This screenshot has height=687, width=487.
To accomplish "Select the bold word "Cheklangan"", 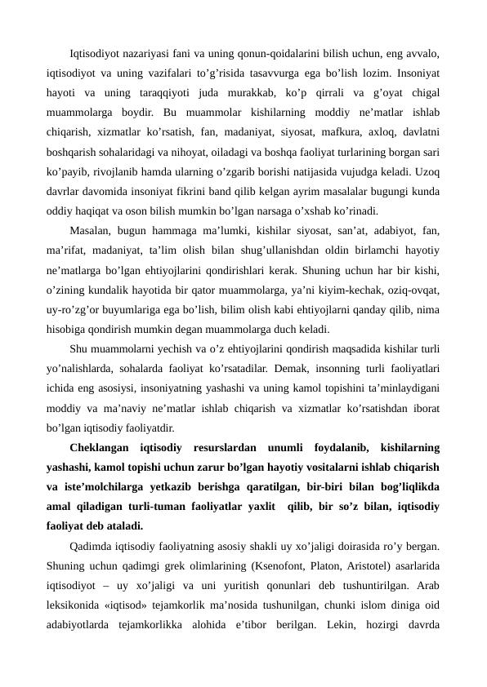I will tap(101, 449).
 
